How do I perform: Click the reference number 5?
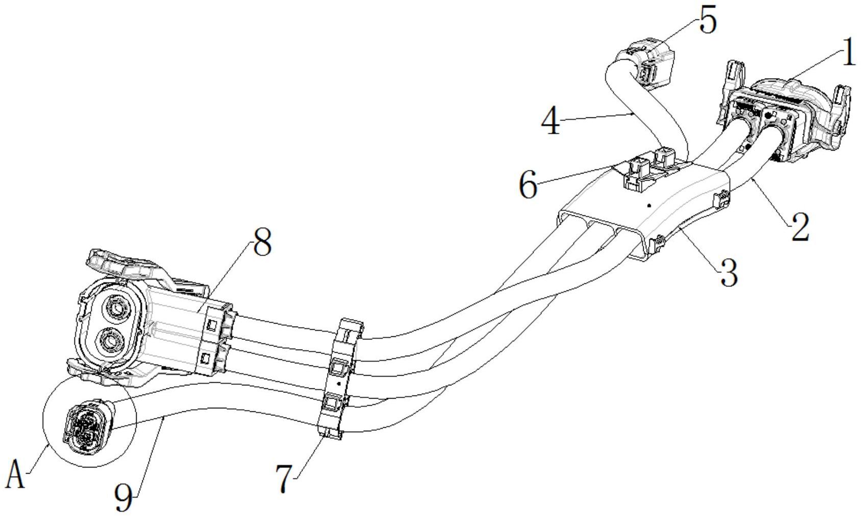708,19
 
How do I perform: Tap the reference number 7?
286,478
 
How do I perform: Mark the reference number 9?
124,498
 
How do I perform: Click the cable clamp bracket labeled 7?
340,379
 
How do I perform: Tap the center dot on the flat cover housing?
649,205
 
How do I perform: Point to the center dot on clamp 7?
338,384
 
